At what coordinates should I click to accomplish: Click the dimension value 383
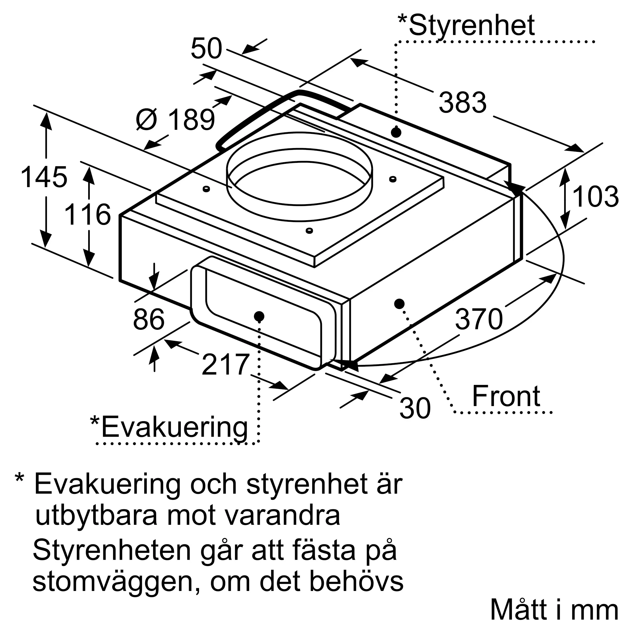(x=462, y=103)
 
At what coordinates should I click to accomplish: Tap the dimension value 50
(x=206, y=49)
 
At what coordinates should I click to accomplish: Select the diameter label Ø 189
(x=175, y=120)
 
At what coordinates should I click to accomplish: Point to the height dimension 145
(x=44, y=177)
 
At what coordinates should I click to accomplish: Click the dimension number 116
(x=88, y=215)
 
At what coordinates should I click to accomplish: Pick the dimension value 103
(x=595, y=197)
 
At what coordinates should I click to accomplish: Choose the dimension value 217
(x=226, y=364)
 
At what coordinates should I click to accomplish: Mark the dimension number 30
(x=415, y=408)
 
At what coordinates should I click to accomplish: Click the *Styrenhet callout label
(x=466, y=26)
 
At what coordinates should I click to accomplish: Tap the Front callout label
(x=506, y=397)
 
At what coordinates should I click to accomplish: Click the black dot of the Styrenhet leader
(x=396, y=133)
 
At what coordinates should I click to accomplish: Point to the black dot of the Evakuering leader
(x=259, y=316)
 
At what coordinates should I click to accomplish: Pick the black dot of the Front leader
(x=399, y=304)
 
